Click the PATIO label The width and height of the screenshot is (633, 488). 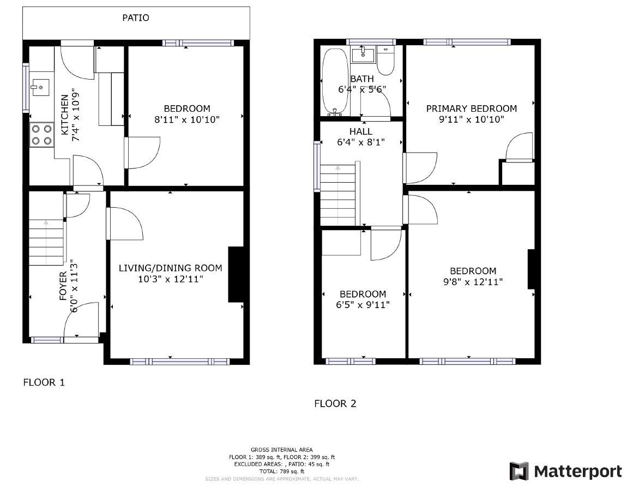(x=135, y=18)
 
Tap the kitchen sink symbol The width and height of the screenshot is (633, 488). (x=40, y=87)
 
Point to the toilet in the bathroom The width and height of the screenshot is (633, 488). (x=386, y=62)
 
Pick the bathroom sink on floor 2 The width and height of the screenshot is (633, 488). (x=363, y=55)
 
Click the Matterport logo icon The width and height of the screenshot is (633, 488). (x=519, y=471)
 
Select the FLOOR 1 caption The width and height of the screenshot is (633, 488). (x=44, y=382)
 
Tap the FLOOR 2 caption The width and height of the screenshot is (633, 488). (x=335, y=403)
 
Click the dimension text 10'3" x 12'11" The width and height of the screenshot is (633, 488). (x=171, y=279)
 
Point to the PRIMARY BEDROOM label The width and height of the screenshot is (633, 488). (x=471, y=109)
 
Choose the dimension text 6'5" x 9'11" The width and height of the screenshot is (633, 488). (x=363, y=305)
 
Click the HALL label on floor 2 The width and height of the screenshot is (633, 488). (x=361, y=131)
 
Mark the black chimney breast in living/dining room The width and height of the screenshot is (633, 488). (x=236, y=274)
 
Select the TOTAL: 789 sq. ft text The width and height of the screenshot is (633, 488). (x=281, y=471)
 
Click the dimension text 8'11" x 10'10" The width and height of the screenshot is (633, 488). (x=187, y=119)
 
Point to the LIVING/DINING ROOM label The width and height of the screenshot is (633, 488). (x=171, y=268)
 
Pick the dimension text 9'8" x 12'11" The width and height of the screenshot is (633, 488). (x=473, y=282)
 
